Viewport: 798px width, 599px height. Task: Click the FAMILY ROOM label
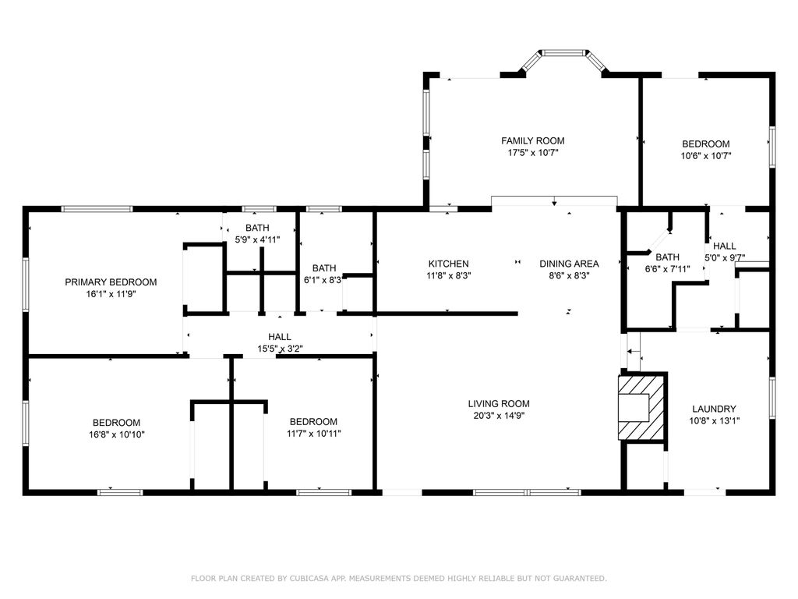pos(533,140)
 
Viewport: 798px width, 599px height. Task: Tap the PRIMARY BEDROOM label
pos(111,282)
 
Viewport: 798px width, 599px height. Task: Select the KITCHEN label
pos(448,264)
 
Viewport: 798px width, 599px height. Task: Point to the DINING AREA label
pos(569,264)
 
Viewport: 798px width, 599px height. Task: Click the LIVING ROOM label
pos(499,403)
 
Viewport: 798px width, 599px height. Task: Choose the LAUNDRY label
pos(714,409)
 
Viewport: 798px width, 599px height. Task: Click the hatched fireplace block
pos(641,406)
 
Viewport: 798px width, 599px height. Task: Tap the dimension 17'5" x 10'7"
pos(533,152)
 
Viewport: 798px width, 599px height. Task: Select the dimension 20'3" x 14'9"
pos(499,415)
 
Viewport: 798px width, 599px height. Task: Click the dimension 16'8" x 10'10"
pos(117,434)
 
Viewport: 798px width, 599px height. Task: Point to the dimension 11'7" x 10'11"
pos(313,434)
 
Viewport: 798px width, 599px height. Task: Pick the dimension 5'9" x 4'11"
pos(257,239)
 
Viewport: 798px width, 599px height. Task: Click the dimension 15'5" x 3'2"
pos(280,349)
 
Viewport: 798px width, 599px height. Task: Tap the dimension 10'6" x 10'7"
pos(706,156)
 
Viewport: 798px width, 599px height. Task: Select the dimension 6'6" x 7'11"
pos(667,269)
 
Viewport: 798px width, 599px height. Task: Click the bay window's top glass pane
pos(564,52)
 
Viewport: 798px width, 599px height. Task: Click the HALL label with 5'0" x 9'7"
pos(724,246)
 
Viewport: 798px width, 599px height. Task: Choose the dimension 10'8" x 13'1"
pos(714,420)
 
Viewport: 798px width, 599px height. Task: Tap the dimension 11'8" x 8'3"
pos(448,275)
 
